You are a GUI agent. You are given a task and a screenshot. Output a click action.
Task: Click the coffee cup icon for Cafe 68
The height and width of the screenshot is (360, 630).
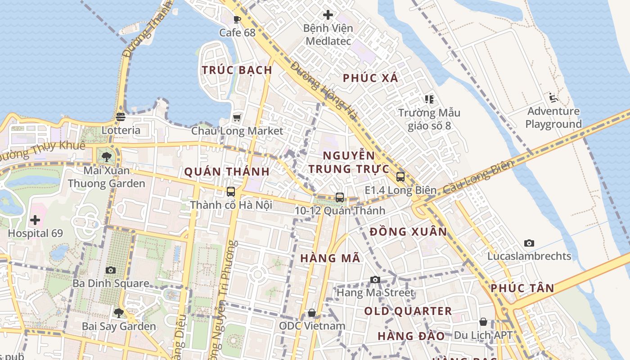237,19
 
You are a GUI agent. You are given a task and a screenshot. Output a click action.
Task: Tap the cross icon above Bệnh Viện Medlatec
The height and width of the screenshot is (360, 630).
328,15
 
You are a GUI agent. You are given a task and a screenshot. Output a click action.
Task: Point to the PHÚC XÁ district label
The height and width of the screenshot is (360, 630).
370,78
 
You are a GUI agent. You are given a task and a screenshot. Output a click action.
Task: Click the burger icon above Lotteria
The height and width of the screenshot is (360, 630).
120,117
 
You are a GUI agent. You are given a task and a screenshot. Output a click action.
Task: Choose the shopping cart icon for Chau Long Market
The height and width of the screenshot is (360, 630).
237,118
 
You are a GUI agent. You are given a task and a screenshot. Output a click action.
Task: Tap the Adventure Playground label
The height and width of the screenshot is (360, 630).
553,117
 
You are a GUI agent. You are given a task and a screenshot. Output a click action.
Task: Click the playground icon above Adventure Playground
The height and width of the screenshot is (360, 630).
553,98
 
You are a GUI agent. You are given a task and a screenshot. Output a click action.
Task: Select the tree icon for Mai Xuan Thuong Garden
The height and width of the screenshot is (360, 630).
107,157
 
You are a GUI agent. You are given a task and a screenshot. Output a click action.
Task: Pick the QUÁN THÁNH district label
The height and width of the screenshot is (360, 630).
227,171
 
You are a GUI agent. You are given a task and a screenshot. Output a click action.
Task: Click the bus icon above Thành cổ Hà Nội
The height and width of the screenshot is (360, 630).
231,192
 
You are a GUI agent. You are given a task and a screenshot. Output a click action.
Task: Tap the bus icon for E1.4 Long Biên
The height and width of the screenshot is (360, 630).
400,177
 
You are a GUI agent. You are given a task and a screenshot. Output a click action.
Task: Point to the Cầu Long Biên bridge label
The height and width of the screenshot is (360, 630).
478,178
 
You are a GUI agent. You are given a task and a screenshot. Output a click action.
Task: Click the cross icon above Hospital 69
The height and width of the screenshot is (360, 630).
35,220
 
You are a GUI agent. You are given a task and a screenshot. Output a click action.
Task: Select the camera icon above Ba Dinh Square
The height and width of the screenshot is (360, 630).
110,270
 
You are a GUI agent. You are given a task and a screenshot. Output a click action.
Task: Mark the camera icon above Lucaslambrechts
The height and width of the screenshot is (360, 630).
529,243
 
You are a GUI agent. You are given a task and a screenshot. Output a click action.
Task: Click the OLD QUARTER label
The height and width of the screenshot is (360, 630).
408,311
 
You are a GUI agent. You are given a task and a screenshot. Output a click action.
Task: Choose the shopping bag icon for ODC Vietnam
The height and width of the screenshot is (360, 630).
312,313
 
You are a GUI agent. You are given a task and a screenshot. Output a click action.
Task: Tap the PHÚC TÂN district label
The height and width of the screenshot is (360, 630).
522,288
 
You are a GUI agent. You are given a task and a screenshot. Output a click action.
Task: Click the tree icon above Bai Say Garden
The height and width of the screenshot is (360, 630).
119,313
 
